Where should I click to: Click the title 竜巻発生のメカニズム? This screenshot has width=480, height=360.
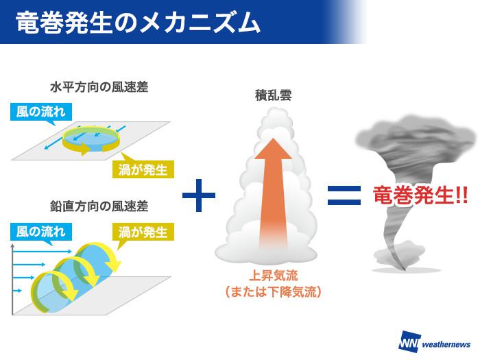coord(138,22)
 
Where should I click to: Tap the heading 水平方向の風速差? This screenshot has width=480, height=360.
coord(99,87)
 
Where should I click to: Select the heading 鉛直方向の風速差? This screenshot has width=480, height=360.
coord(99,206)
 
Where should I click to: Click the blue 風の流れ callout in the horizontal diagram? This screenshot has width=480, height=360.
coord(40,111)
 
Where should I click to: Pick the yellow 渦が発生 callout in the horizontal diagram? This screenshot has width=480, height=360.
coord(143,169)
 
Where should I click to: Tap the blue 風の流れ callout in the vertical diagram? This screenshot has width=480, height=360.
coord(40,232)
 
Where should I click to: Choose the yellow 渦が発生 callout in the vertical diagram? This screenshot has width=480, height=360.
coord(143,232)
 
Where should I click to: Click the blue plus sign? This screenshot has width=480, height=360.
coord(199,195)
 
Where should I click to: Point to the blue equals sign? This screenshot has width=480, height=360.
coord(344,195)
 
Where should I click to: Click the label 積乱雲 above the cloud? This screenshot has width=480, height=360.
coord(273,95)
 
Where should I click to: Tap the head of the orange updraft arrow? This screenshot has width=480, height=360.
coord(273,149)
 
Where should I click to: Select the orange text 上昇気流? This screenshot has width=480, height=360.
coord(273,276)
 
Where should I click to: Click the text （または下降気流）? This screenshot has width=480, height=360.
coord(273,292)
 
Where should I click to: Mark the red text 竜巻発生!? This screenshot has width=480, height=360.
coord(420,195)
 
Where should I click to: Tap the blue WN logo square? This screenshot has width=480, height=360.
coord(409,341)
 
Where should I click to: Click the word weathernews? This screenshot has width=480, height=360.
coord(446,344)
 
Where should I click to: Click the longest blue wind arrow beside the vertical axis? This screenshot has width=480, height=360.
coord(43,252)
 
